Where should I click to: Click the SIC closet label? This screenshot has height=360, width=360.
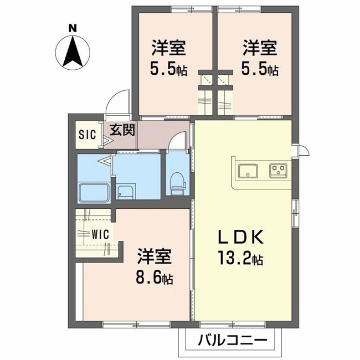[x=87, y=133]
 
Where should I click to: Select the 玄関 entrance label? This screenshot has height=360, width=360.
[x=121, y=131]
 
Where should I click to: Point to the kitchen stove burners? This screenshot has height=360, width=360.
[x=278, y=169]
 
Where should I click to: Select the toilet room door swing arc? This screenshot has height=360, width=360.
[x=178, y=142]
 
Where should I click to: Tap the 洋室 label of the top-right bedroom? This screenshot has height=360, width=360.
[x=259, y=49]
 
